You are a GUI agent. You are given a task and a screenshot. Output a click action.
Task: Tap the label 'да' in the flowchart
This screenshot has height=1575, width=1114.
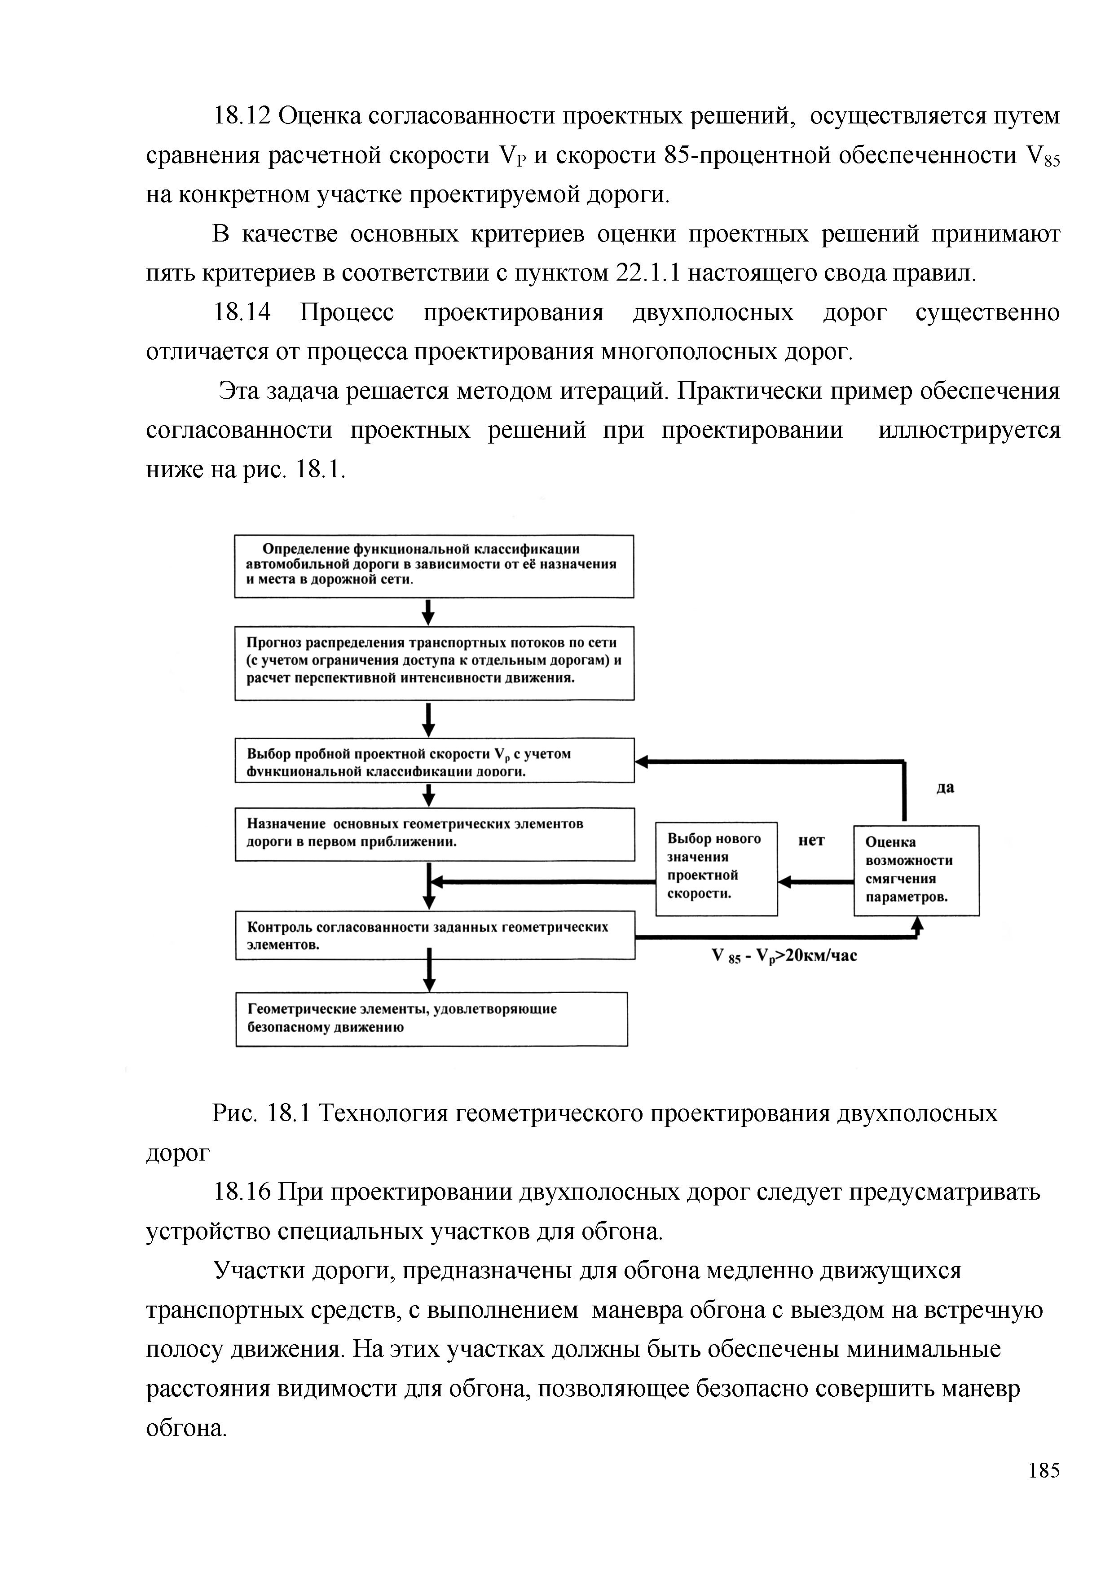point(945,787)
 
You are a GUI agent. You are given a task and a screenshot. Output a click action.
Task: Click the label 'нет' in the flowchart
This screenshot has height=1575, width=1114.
point(811,840)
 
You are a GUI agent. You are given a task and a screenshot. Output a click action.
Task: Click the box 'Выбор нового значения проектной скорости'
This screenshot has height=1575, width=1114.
point(716,868)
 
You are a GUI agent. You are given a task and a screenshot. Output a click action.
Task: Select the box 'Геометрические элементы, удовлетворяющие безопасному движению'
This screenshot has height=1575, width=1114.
point(432,1019)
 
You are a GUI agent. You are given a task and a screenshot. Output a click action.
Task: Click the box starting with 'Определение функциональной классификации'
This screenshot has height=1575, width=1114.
point(434,566)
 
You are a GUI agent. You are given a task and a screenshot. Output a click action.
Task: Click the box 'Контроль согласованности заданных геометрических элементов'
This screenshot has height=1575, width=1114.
point(434,935)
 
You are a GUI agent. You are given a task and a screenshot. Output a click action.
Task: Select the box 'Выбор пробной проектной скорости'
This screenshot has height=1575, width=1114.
point(434,760)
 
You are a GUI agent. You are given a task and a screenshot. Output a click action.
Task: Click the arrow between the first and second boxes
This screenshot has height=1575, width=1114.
point(428,612)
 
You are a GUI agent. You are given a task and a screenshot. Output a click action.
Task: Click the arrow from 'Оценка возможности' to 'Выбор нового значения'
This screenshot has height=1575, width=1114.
point(815,882)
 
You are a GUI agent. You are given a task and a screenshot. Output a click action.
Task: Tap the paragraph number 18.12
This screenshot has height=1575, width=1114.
point(242,116)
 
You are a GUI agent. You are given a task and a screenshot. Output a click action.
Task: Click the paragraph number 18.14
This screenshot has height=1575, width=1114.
point(242,313)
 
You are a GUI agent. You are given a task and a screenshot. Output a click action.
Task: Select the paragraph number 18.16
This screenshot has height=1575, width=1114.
point(242,1192)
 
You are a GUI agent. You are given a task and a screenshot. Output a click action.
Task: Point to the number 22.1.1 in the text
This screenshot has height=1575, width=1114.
point(647,274)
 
